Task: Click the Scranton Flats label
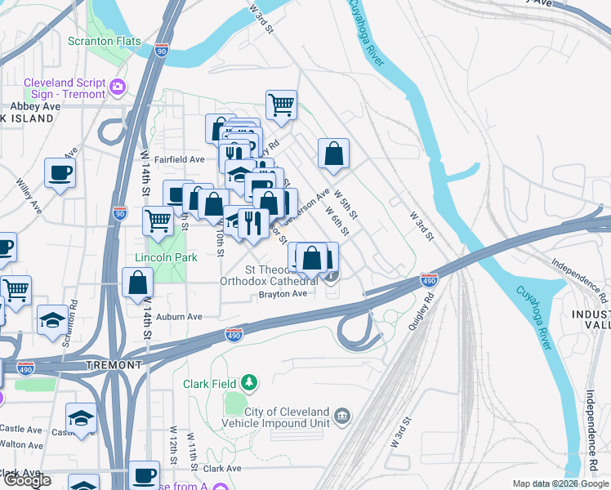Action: click(104, 42)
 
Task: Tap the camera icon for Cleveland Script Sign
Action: click(118, 86)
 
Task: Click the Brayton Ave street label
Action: click(283, 294)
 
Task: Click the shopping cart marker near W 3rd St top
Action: click(280, 105)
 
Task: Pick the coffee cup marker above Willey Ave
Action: click(60, 172)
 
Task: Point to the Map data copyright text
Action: click(560, 484)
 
